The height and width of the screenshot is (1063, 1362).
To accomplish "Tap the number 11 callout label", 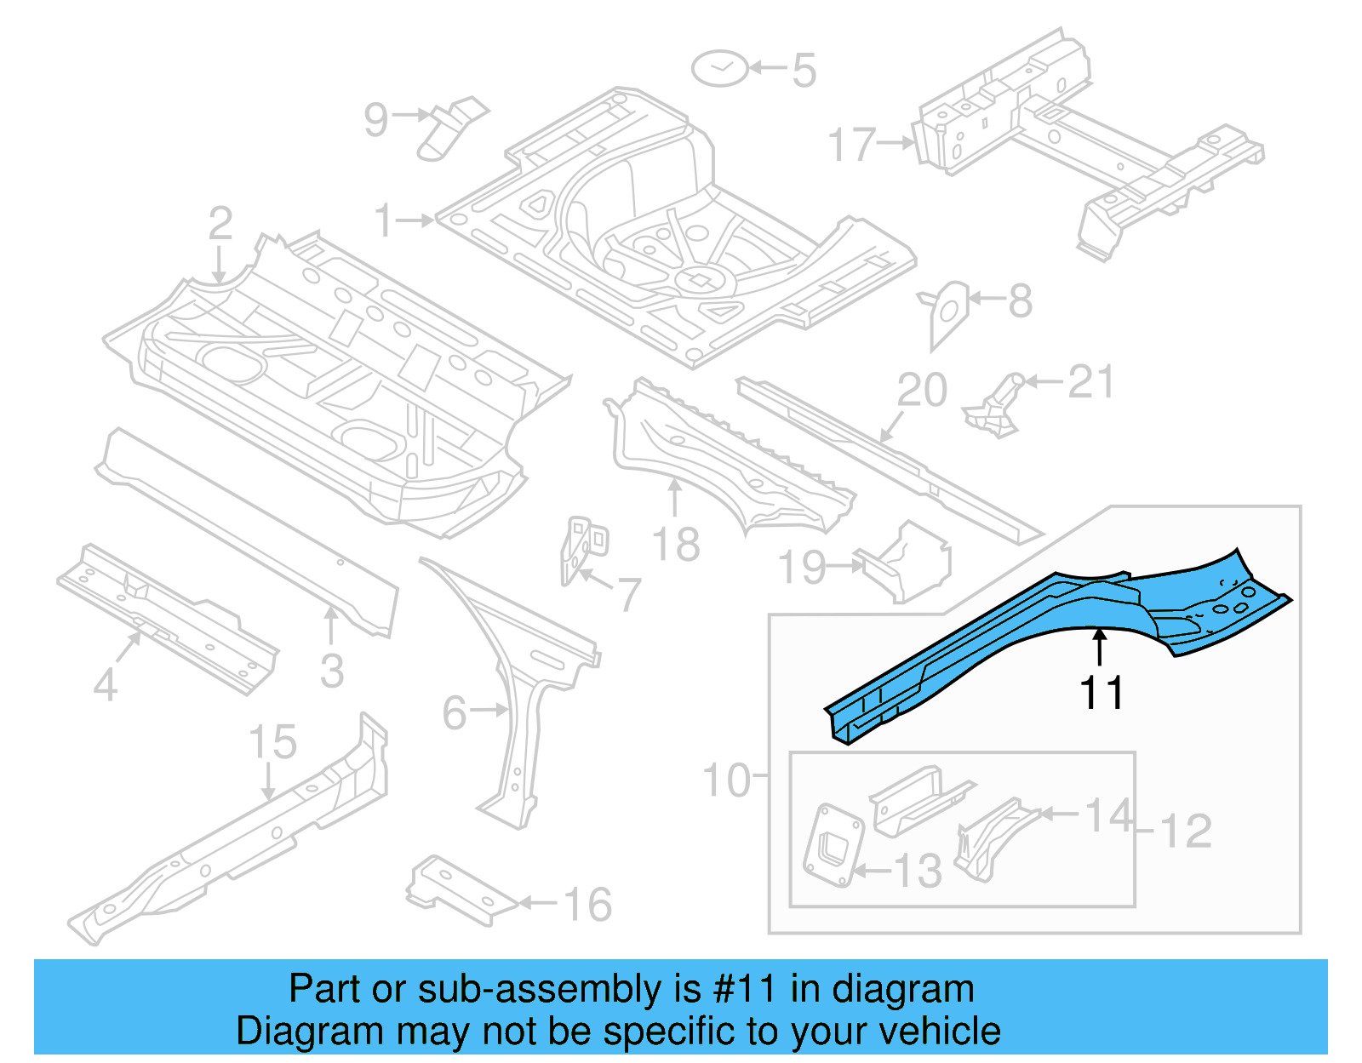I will click(x=1102, y=694).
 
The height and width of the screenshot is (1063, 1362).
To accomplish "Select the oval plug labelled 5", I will click(x=719, y=68).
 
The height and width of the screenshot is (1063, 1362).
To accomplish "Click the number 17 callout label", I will click(x=852, y=145).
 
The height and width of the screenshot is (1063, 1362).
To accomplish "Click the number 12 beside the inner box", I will click(x=1186, y=832).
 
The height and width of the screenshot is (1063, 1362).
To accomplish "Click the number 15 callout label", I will click(x=272, y=742).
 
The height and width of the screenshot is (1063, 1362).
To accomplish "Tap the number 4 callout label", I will click(x=105, y=684).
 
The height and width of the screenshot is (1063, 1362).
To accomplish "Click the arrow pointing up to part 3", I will click(x=331, y=625).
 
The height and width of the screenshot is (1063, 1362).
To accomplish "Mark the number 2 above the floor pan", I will click(x=220, y=224).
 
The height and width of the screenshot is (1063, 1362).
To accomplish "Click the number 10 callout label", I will click(x=726, y=780).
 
